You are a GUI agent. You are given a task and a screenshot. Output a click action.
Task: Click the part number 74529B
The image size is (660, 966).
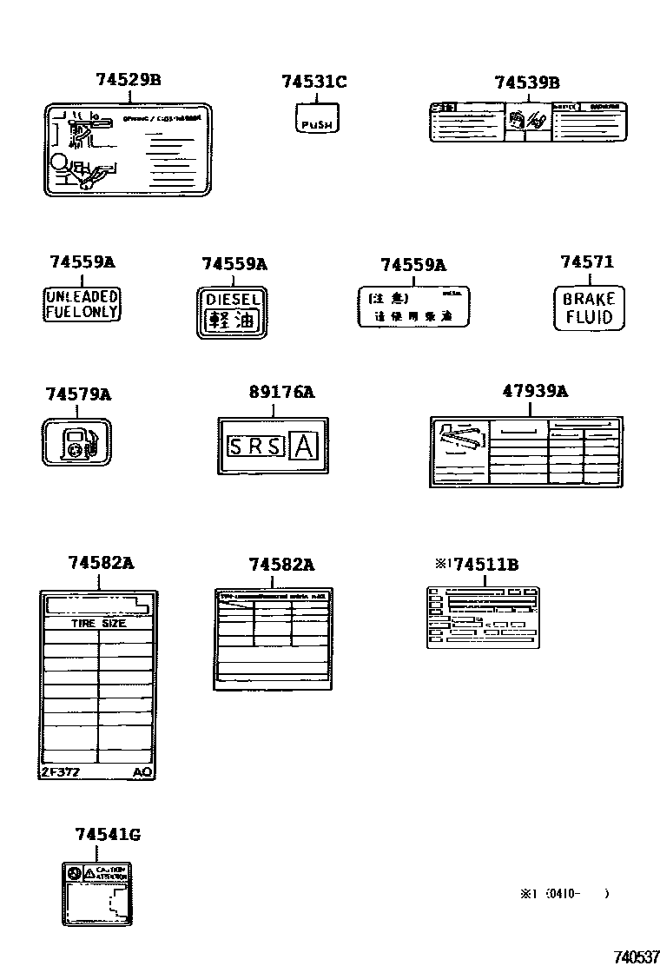tap(129, 81)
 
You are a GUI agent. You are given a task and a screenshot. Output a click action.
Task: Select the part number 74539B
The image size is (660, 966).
tap(526, 83)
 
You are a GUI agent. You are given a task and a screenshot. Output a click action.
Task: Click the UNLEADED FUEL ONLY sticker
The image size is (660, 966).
tap(82, 305)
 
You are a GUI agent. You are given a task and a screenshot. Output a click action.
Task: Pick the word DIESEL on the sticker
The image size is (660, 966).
tap(232, 300)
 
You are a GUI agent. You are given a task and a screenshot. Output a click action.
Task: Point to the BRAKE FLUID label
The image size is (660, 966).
tap(589, 308)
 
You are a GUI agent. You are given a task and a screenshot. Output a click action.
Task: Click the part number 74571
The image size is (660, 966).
tap(587, 261)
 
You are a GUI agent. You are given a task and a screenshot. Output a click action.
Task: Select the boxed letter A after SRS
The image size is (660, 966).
tap(304, 447)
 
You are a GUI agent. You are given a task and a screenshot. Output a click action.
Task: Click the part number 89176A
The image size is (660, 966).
tap(281, 393)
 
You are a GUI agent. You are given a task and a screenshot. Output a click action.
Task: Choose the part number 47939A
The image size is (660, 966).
tap(535, 391)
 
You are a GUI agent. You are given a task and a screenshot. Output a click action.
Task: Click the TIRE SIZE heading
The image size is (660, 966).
tap(98, 623)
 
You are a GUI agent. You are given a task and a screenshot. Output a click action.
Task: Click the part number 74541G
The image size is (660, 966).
tap(108, 835)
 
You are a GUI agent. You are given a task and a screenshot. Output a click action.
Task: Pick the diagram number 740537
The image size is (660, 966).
tap(636, 956)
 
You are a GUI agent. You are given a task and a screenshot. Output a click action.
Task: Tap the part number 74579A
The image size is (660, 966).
tap(78, 394)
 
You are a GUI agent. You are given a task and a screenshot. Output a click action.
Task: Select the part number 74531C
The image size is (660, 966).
tap(313, 82)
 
